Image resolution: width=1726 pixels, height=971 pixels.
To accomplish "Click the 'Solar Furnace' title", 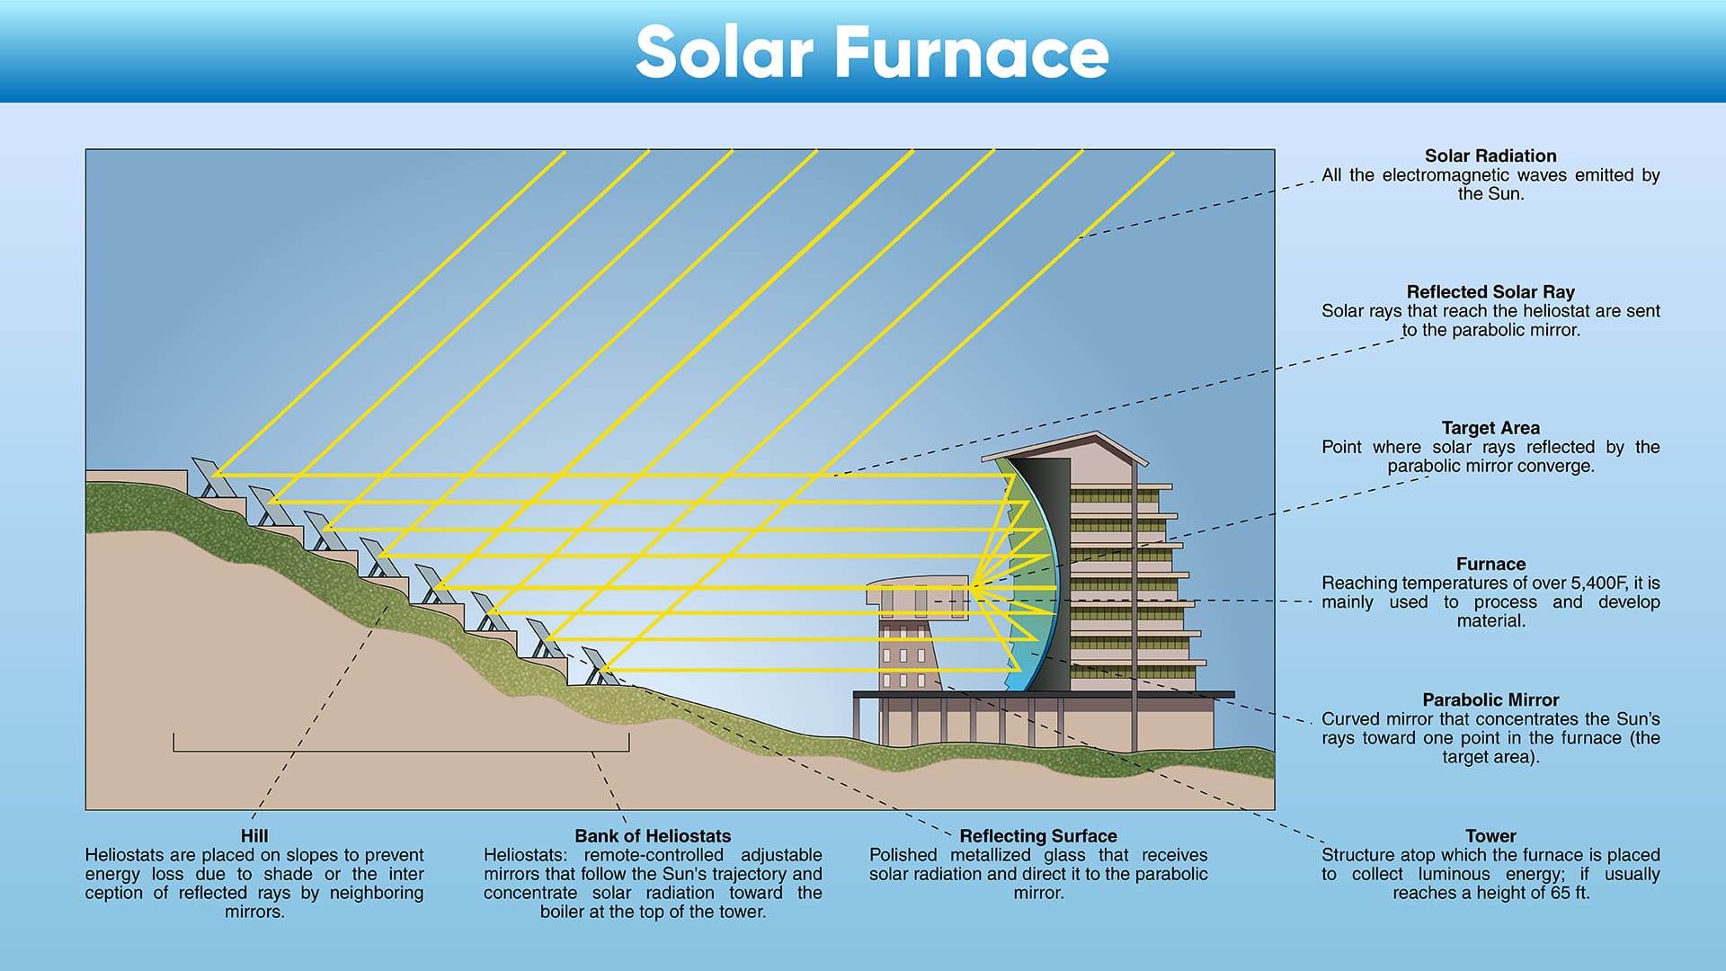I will point(872,52).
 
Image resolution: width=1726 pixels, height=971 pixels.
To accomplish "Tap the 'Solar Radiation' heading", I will point(1490,156).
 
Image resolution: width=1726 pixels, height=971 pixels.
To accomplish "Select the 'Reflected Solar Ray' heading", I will point(1490,291).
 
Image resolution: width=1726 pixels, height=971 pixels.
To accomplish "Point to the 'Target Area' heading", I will point(1490,428).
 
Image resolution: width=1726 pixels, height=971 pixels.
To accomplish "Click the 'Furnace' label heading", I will point(1490,564).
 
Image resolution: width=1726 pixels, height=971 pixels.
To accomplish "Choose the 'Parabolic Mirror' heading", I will point(1490,699).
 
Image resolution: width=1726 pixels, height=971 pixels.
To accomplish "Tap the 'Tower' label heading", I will point(1490,835).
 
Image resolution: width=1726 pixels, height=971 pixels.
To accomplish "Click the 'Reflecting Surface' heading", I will point(1038,835).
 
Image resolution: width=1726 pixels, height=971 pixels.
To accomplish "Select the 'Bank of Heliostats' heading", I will point(653,835).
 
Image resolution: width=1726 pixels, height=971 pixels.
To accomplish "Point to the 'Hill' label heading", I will point(254,835).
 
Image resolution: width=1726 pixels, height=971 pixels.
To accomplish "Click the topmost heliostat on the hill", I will point(209,477).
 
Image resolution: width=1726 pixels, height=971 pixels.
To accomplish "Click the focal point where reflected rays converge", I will point(972,588).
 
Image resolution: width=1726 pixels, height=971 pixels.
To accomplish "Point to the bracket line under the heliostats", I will point(401,750).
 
